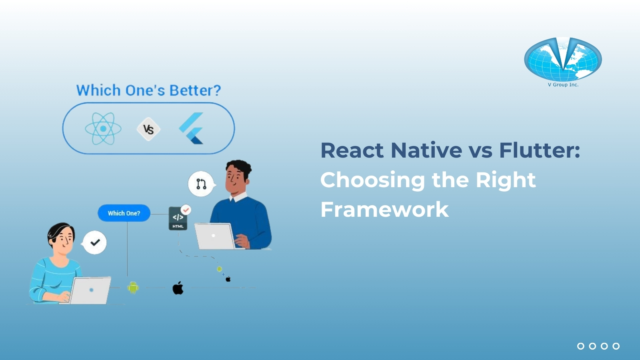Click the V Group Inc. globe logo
pyautogui.click(x=563, y=59)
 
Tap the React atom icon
pyautogui.click(x=103, y=129)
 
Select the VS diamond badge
pyautogui.click(x=148, y=129)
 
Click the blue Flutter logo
pyautogui.click(x=192, y=128)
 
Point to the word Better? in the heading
pyautogui.click(x=195, y=90)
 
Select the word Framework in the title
pyautogui.click(x=384, y=210)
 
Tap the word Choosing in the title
pyautogui.click(x=372, y=180)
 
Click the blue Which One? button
pyautogui.click(x=124, y=213)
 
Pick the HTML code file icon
pyautogui.click(x=178, y=218)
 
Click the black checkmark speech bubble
pyautogui.click(x=95, y=242)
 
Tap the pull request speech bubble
pyautogui.click(x=201, y=184)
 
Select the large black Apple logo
pyautogui.click(x=178, y=288)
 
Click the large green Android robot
pyautogui.click(x=133, y=287)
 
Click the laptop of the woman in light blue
pyautogui.click(x=90, y=290)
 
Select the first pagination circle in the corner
pyautogui.click(x=581, y=346)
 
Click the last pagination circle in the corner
pyautogui.click(x=616, y=346)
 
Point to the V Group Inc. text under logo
pyautogui.click(x=563, y=85)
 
